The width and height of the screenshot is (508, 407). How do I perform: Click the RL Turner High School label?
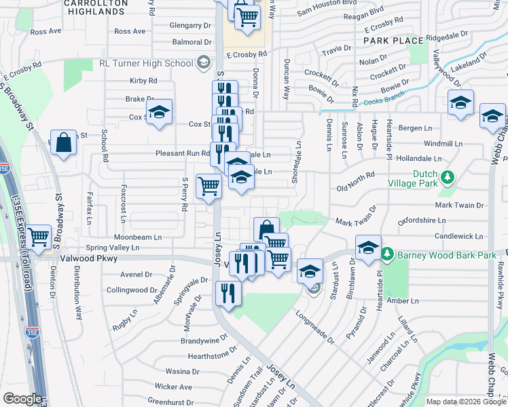146,63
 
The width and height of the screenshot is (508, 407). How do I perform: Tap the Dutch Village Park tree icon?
447,178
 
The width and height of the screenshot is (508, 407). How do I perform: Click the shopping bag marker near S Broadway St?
63,143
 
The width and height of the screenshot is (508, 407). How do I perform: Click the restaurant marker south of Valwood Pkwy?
227,294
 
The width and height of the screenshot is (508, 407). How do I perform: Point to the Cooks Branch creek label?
383,102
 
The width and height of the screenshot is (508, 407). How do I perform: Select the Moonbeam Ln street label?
138,237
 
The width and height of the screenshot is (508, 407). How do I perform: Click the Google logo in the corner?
22,399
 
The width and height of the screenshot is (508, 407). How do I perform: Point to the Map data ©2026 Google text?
465,402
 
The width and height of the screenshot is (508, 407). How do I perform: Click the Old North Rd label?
355,176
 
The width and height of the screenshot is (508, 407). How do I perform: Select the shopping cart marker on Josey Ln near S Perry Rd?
208,186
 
